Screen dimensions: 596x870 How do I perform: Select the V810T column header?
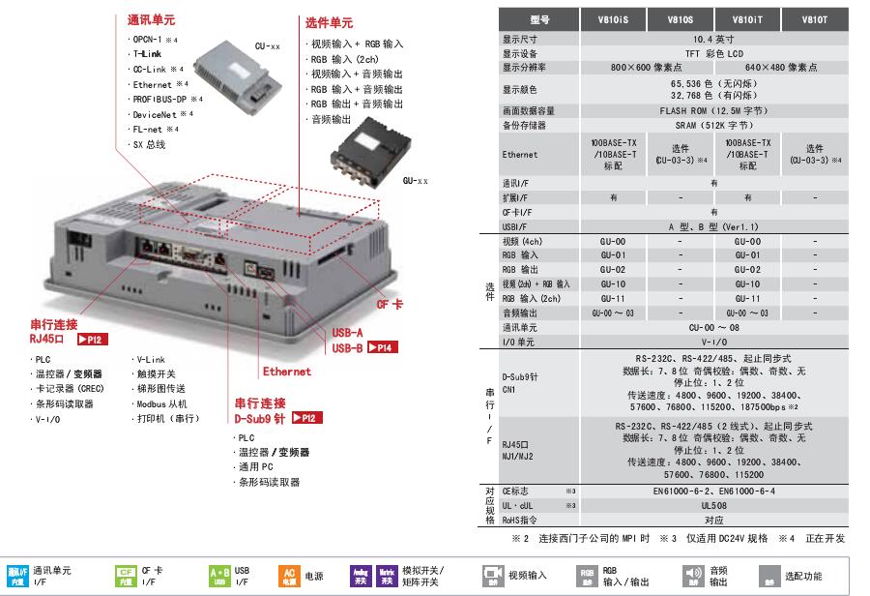click(815, 18)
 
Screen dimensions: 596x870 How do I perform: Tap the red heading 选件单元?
click(330, 22)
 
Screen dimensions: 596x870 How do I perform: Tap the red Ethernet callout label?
click(287, 372)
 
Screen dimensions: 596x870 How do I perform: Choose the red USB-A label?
click(348, 333)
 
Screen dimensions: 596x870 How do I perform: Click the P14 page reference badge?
click(382, 347)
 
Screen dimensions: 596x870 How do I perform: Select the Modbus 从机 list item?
click(161, 403)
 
